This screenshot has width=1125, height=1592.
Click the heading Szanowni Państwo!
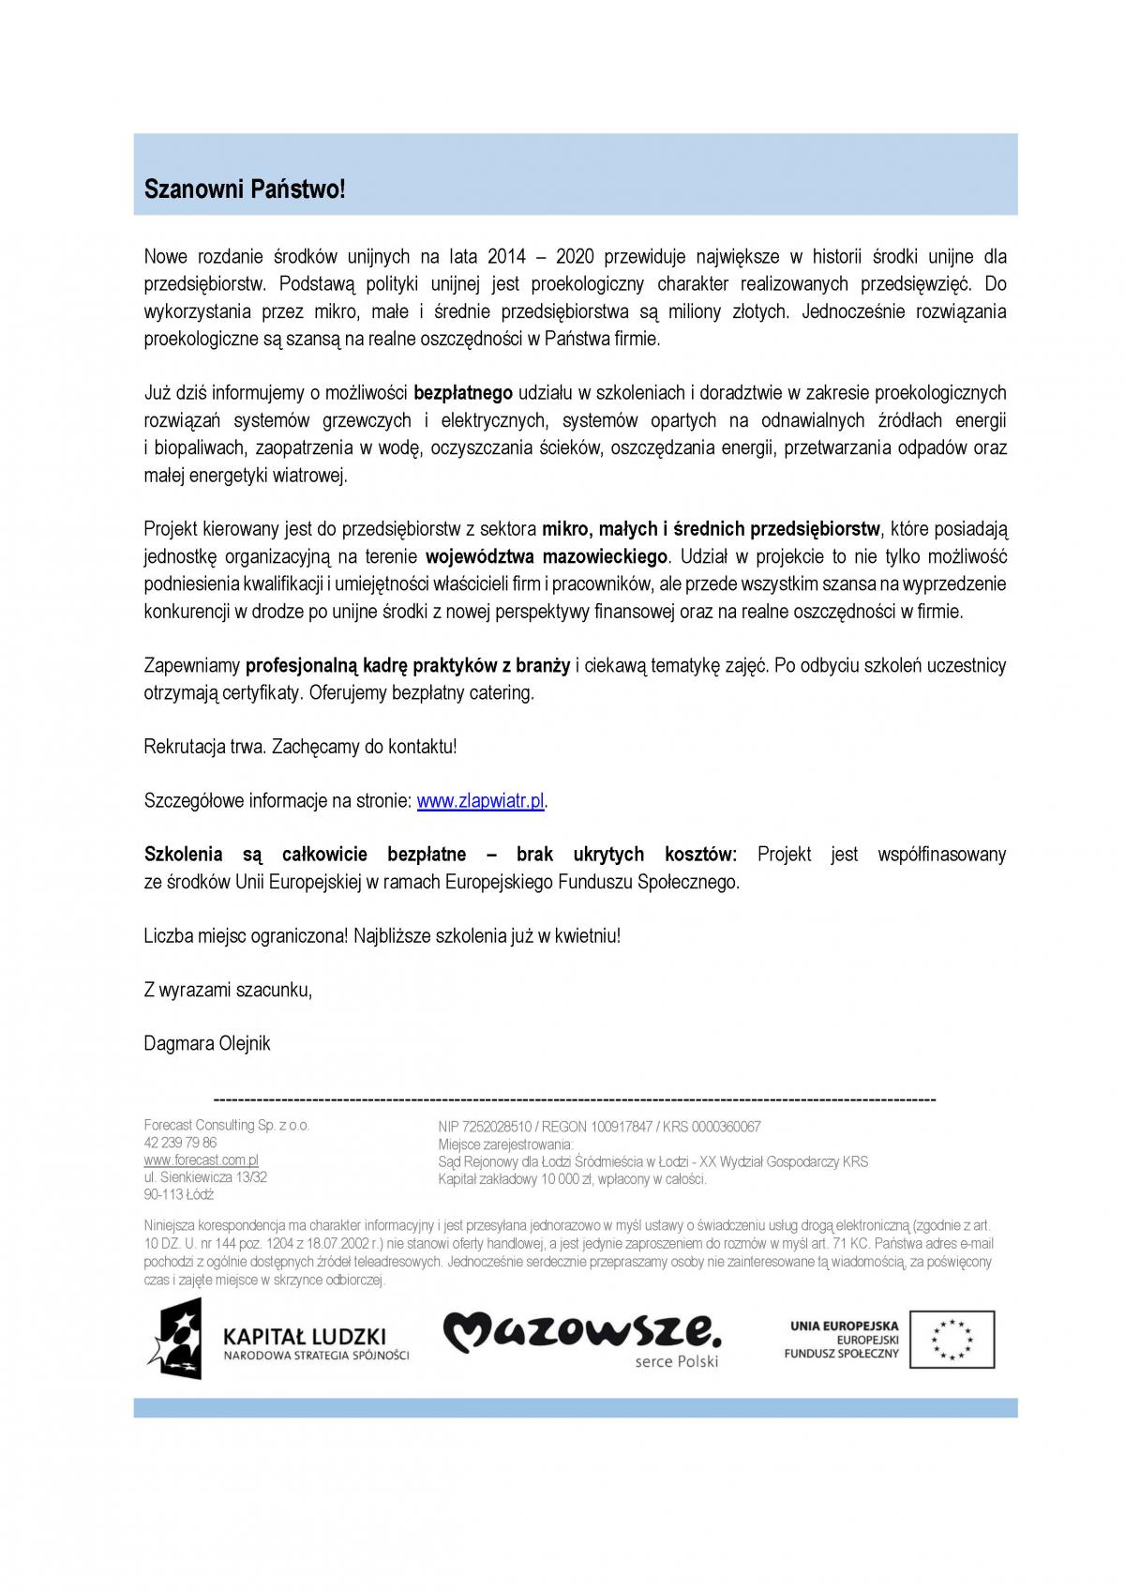pos(245,189)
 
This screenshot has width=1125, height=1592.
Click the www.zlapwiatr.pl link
pos(480,801)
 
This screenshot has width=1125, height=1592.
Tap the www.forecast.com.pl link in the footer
pos(201,1160)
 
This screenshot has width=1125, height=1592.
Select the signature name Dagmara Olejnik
pos(207,1043)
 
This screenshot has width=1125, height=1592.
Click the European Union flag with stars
pos(950,1339)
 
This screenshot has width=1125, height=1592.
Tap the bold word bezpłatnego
pos(463,393)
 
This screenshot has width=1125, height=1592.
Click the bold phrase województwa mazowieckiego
pos(547,556)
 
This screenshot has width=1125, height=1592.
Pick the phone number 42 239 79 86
pos(180,1143)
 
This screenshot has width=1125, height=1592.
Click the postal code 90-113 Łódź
pos(179,1194)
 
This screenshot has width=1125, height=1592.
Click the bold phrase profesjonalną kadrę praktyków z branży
pos(408,666)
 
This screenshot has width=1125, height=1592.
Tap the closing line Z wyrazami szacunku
pos(228,990)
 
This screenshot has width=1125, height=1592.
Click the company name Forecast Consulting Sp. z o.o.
pos(226,1125)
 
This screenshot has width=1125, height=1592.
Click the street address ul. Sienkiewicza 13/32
pos(205,1176)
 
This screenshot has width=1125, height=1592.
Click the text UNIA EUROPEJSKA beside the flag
pos(845,1326)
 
